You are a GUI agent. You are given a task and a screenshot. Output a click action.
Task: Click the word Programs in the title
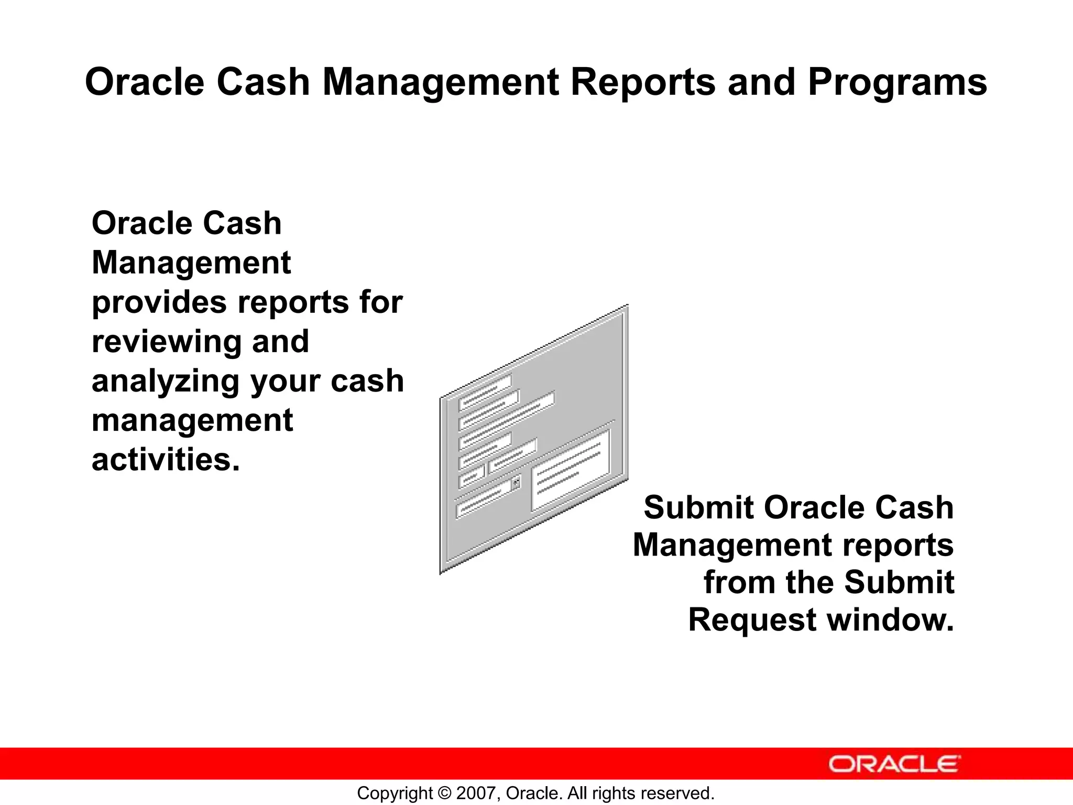(x=897, y=82)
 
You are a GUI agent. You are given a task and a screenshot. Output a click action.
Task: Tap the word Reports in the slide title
(x=642, y=82)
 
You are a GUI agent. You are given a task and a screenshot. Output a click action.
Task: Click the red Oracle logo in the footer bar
(x=894, y=764)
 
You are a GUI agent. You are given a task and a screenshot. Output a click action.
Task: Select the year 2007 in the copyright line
(x=473, y=793)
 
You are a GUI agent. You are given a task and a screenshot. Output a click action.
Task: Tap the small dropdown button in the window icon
(x=516, y=482)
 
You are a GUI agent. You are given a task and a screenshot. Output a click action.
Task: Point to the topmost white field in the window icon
(x=485, y=393)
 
